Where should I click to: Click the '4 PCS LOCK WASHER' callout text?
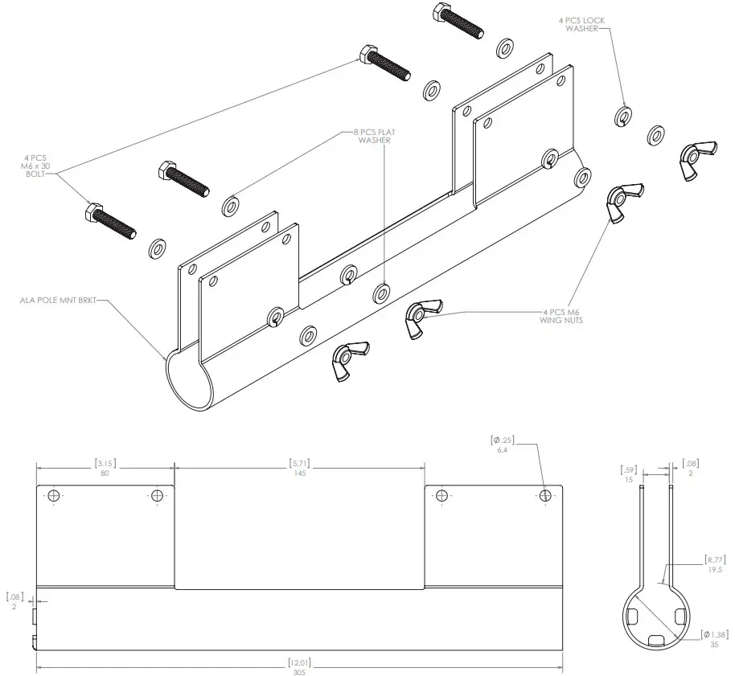point(579,23)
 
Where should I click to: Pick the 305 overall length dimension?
point(298,668)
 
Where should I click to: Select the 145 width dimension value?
point(298,469)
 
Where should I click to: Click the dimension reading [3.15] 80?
point(105,469)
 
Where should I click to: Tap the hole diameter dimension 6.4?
point(502,445)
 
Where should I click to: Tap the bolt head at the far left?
point(94,212)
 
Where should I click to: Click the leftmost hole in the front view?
point(54,494)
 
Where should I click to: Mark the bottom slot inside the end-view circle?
point(656,640)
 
